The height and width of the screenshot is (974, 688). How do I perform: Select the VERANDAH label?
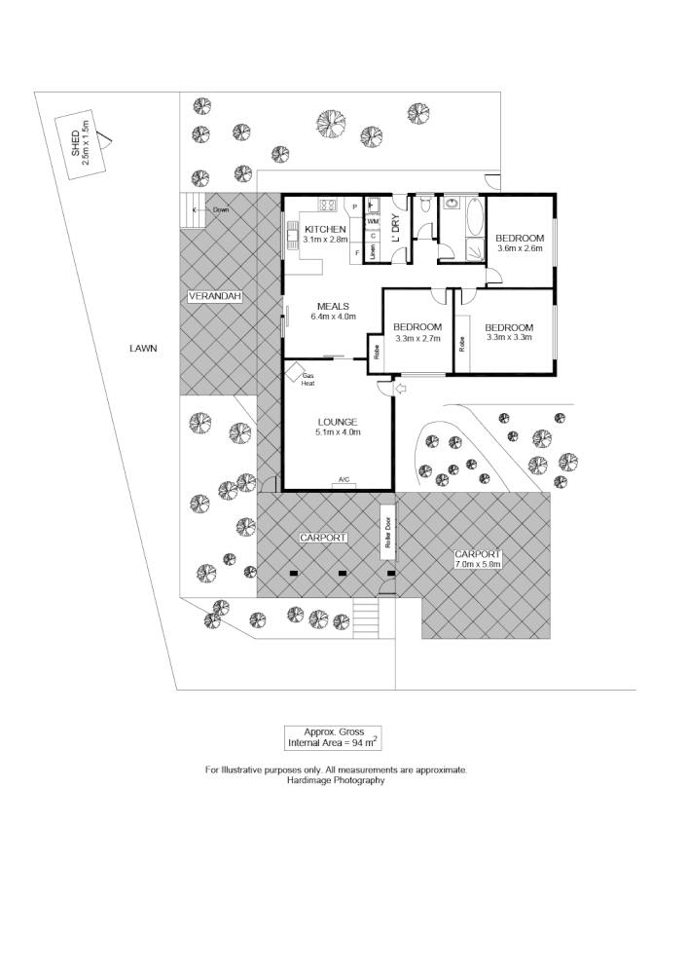(x=214, y=296)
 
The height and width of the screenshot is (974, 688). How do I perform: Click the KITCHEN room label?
(x=325, y=229)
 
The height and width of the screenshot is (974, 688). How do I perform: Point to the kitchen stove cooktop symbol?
(x=329, y=205)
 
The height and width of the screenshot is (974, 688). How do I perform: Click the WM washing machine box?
(x=373, y=222)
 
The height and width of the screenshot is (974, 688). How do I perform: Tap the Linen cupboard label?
(x=373, y=253)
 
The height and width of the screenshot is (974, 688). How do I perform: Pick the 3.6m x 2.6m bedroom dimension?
(x=520, y=249)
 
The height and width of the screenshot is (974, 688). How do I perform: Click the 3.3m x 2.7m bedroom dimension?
(x=418, y=339)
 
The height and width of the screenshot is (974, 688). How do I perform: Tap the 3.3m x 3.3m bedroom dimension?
(x=509, y=339)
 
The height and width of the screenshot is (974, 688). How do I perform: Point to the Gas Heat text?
(x=308, y=379)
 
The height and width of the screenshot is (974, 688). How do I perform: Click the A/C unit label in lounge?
(x=344, y=478)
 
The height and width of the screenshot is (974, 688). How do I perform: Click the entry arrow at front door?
(x=401, y=390)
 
